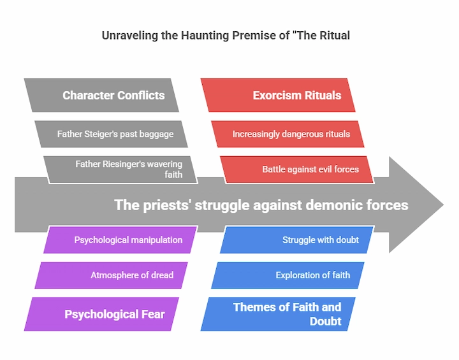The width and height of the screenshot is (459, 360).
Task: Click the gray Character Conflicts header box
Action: [x=101, y=95]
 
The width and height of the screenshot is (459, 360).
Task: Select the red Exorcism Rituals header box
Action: [x=278, y=95]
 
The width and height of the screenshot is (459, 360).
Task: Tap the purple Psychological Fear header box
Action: [x=101, y=314]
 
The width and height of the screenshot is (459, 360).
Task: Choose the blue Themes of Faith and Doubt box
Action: [x=278, y=314]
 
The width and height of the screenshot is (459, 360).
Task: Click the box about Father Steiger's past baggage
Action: [x=111, y=134]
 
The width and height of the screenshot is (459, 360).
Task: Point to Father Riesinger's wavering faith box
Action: [x=120, y=169]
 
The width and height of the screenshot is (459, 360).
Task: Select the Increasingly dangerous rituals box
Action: [x=288, y=134]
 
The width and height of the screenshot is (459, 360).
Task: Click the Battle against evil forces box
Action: [x=297, y=169]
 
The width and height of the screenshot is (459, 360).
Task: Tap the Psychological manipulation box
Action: [x=120, y=240]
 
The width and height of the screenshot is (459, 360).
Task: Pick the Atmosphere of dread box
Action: [x=111, y=275]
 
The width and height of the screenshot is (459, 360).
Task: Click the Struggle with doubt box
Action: [x=297, y=240]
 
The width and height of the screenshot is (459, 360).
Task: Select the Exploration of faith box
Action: [x=288, y=275]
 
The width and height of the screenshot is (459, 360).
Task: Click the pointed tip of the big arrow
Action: [x=444, y=205]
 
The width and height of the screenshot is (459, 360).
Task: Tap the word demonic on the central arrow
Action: [x=331, y=205]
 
